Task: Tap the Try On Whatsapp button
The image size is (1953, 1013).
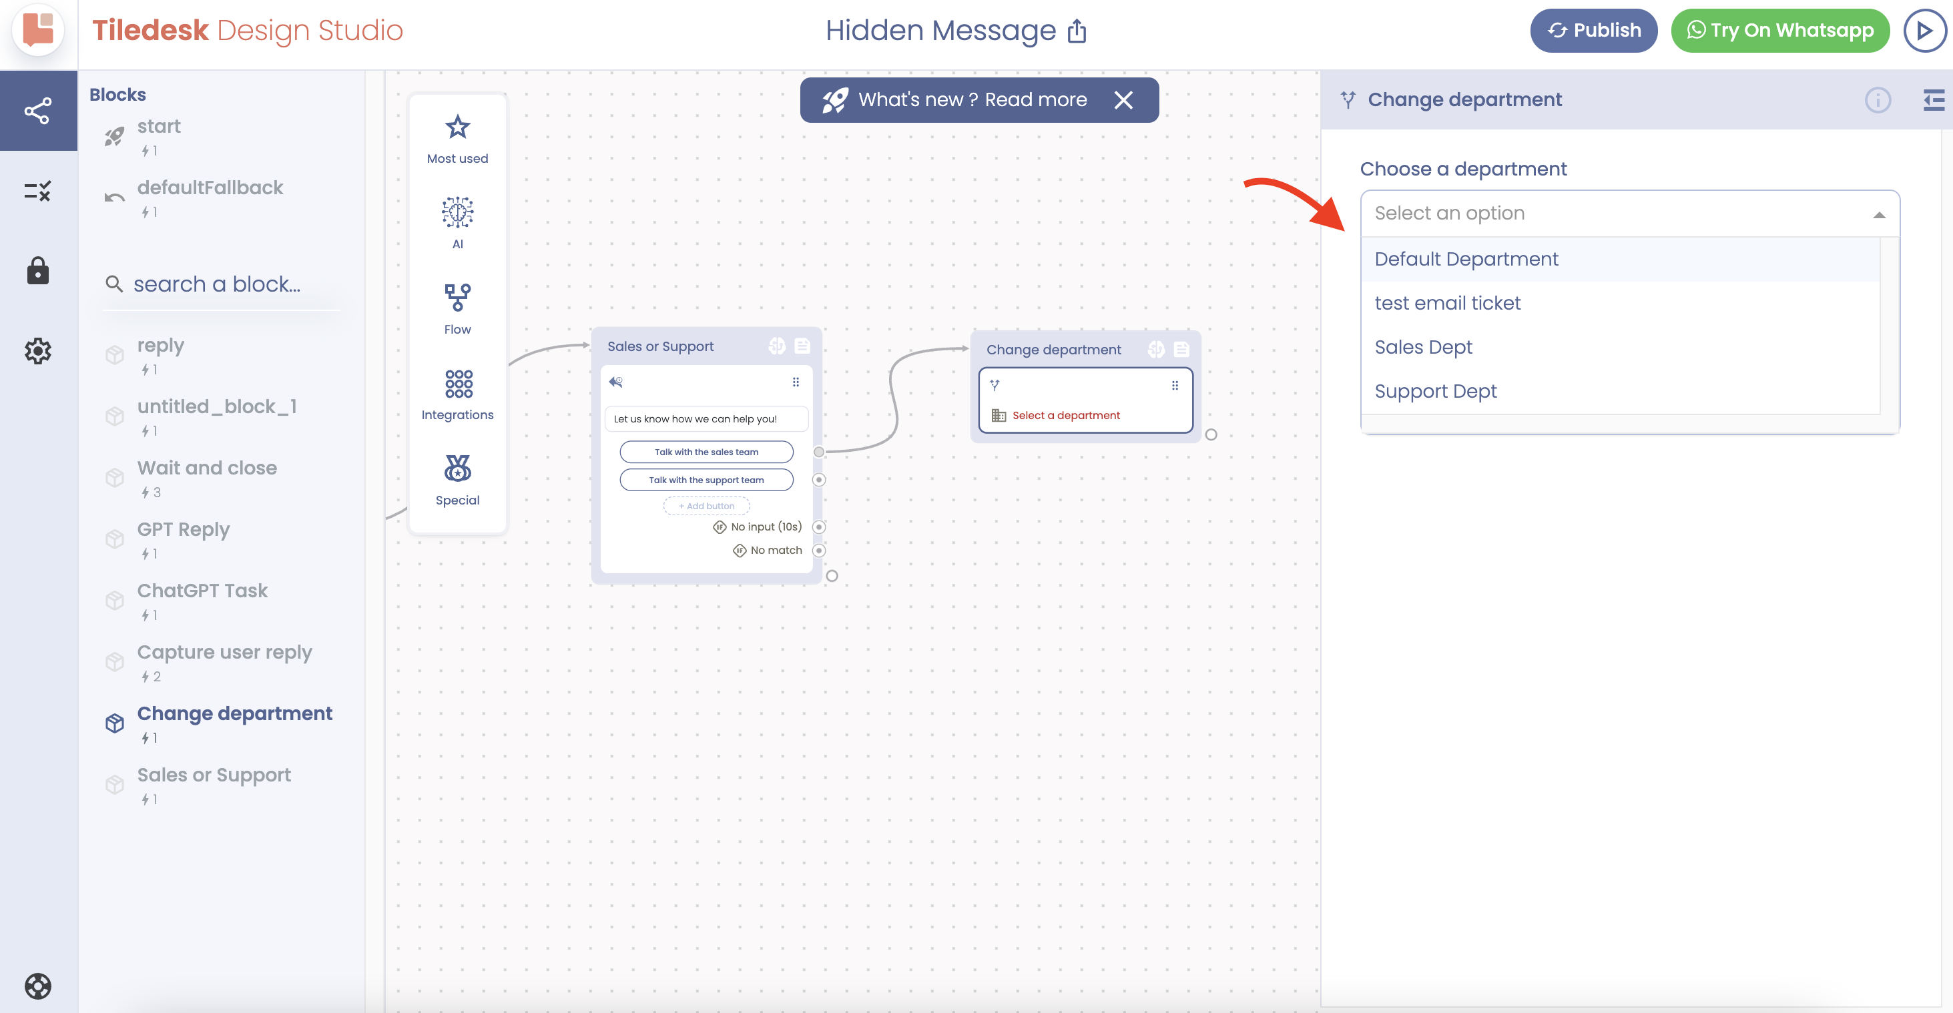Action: tap(1779, 30)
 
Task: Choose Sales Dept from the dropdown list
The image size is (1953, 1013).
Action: tap(1423, 347)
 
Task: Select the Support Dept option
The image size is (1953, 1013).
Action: tap(1435, 391)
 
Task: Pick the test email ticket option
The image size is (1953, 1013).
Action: tap(1447, 303)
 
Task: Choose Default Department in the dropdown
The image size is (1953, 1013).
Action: tap(1466, 260)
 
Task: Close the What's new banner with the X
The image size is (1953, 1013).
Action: tap(1123, 100)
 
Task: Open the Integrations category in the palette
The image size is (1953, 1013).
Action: tap(458, 394)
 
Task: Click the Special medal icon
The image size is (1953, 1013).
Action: tap(458, 468)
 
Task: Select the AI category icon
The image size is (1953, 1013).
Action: tap(458, 212)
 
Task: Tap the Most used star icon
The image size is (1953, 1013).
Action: tap(458, 127)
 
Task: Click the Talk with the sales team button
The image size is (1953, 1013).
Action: tap(707, 452)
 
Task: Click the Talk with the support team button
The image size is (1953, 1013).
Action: tap(707, 480)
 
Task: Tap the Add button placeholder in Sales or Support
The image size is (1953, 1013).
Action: tap(707, 506)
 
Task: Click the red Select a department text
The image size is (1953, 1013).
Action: tap(1066, 416)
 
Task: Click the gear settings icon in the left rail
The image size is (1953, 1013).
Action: tap(38, 351)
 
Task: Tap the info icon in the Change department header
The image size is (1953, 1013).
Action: tap(1878, 100)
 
